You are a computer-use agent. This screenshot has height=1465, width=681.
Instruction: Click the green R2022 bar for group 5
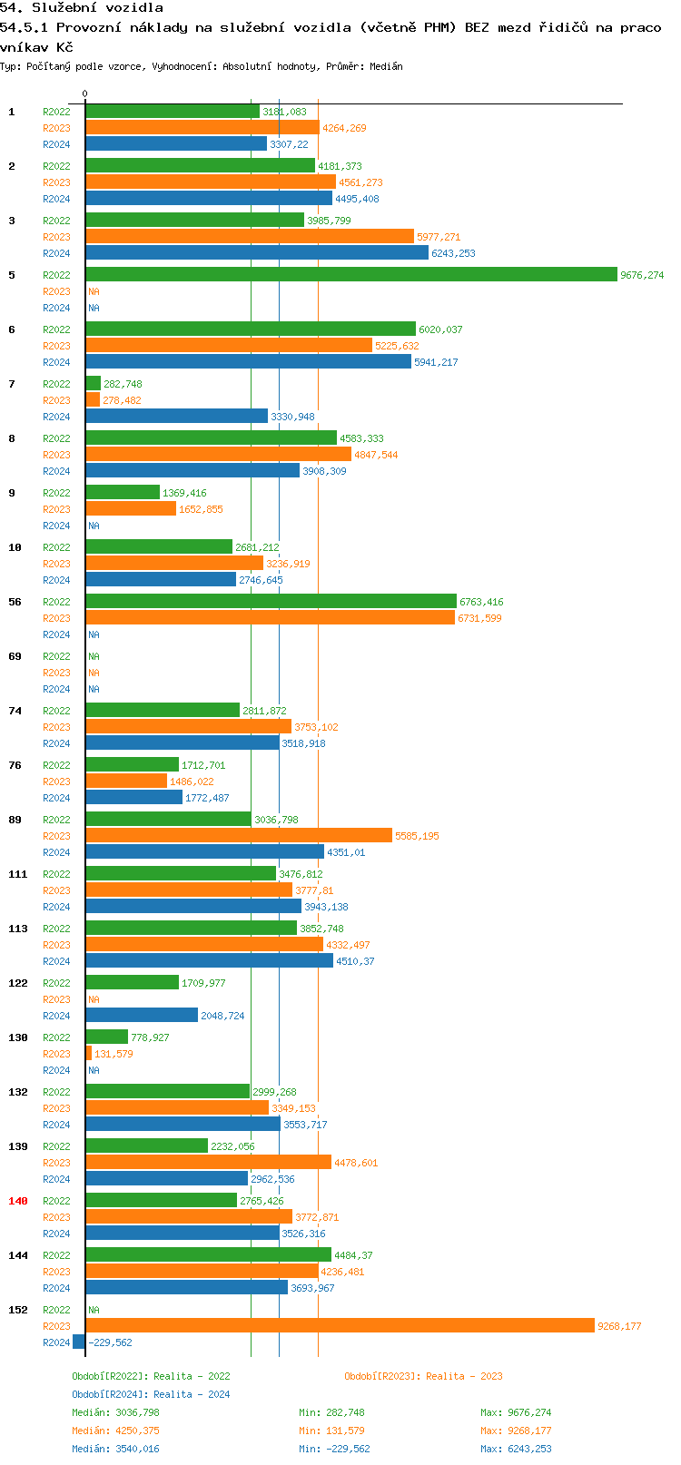click(351, 274)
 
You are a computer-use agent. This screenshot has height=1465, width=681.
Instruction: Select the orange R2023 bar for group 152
click(340, 1325)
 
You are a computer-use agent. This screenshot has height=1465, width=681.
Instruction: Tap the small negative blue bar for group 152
click(79, 1342)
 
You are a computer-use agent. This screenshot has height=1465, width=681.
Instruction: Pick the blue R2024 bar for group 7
click(177, 416)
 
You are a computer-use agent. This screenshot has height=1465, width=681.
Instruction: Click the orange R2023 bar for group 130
click(89, 1053)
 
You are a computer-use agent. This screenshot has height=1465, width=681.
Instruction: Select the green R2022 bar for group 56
click(271, 601)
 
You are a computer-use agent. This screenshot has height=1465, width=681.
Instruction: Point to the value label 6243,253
click(453, 253)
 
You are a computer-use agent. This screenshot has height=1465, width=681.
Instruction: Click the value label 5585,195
click(417, 836)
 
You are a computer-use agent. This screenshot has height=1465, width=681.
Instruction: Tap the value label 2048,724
click(222, 1016)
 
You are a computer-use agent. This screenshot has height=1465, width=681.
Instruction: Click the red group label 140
click(18, 1201)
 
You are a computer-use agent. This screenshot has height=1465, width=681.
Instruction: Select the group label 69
click(15, 656)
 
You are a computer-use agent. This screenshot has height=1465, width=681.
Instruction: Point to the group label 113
click(18, 929)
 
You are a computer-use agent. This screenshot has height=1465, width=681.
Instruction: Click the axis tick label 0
click(84, 93)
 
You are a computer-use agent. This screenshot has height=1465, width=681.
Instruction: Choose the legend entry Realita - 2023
click(423, 1376)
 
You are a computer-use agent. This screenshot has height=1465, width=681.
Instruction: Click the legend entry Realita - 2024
click(151, 1394)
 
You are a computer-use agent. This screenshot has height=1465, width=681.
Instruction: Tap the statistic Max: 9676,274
click(516, 1412)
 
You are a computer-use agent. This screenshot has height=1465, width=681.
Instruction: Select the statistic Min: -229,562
click(334, 1449)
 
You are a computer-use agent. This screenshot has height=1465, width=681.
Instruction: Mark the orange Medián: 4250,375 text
click(115, 1431)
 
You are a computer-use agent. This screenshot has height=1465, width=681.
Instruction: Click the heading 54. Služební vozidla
click(82, 8)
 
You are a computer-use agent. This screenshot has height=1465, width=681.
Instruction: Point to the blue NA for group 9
click(94, 526)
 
